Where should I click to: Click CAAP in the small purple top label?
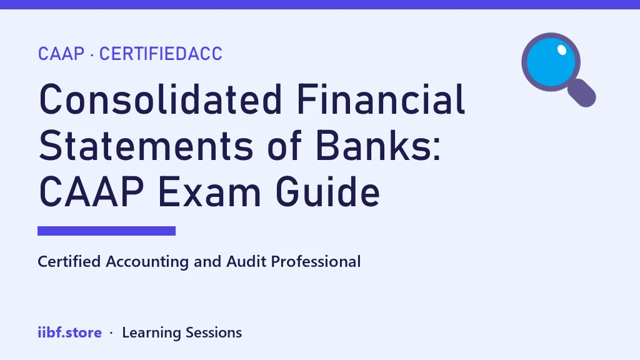click(x=61, y=54)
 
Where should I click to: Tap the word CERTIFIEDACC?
click(x=161, y=54)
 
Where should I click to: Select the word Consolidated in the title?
click(x=161, y=99)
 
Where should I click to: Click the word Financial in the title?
click(x=381, y=99)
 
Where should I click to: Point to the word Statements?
click(x=146, y=145)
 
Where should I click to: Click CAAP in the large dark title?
click(x=91, y=192)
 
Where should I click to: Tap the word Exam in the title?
click(x=209, y=192)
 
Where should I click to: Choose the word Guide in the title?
click(x=327, y=192)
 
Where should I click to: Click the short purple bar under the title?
click(x=106, y=231)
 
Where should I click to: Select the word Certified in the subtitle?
click(x=69, y=261)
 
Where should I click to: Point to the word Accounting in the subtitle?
click(x=147, y=262)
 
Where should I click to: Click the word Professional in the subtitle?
click(x=316, y=261)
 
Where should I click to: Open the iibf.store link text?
click(x=69, y=332)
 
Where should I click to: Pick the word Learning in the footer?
click(x=151, y=333)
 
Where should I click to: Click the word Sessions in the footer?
click(x=214, y=332)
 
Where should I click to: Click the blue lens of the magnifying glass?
click(x=551, y=62)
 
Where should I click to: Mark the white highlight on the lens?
click(x=562, y=50)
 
